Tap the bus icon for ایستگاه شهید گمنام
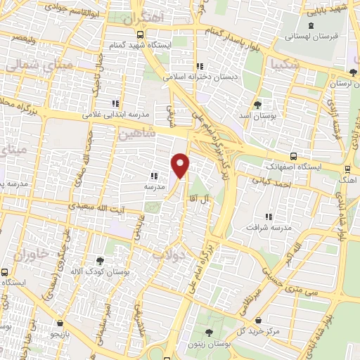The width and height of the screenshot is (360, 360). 141,34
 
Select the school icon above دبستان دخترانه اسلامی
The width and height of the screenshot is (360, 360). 201,65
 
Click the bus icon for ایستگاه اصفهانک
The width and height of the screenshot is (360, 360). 293,157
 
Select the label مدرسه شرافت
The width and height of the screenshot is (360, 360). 268,227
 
